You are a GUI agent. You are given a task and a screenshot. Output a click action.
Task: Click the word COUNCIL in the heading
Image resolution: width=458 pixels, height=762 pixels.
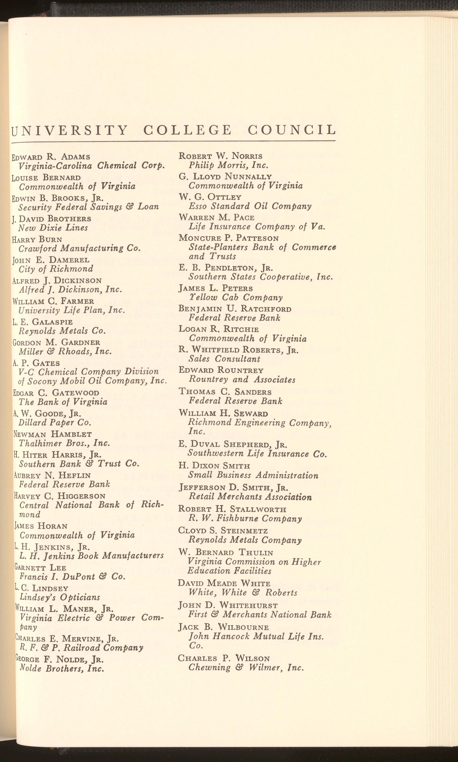click(x=292, y=130)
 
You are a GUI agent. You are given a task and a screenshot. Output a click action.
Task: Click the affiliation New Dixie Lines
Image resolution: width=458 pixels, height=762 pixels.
click(x=53, y=228)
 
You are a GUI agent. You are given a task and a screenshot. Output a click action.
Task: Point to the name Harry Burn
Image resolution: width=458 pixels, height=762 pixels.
click(x=37, y=239)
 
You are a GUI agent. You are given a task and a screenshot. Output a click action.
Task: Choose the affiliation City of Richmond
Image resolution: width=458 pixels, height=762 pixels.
click(x=56, y=269)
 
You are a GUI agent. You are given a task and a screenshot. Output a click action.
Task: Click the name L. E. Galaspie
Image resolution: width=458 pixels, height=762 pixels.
click(x=43, y=322)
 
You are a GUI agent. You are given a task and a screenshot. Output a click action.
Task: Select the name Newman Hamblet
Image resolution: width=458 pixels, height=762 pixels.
click(x=53, y=434)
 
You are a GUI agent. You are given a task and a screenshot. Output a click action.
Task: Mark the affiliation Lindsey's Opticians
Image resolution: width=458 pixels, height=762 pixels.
click(x=60, y=597)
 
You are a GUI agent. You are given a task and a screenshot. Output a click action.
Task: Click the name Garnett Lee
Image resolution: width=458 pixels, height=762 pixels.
click(x=40, y=567)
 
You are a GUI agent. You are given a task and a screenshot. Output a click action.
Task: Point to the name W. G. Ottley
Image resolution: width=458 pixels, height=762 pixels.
click(x=210, y=197)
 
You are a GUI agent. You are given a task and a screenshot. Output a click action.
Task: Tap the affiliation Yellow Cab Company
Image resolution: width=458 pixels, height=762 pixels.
click(x=236, y=298)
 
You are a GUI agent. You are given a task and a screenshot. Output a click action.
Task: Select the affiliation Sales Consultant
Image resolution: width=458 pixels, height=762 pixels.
click(x=224, y=359)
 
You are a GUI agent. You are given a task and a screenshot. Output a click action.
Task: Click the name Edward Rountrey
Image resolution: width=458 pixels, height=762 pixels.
click(x=221, y=370)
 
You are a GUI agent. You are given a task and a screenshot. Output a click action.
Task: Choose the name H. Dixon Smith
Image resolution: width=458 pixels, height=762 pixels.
click(x=214, y=466)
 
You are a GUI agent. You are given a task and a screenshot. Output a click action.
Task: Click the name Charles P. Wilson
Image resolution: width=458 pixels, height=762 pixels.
click(x=224, y=659)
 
